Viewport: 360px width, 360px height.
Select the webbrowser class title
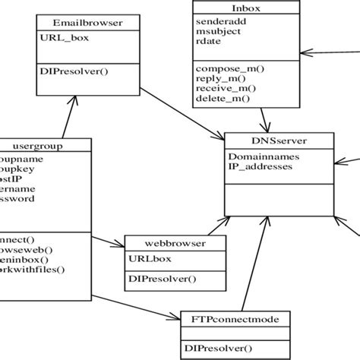pos(175,243)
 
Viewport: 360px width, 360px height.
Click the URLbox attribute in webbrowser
pos(150,257)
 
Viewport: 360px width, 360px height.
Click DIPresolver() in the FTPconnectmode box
pos(219,349)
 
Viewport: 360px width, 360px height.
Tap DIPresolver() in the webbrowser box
pos(161,279)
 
